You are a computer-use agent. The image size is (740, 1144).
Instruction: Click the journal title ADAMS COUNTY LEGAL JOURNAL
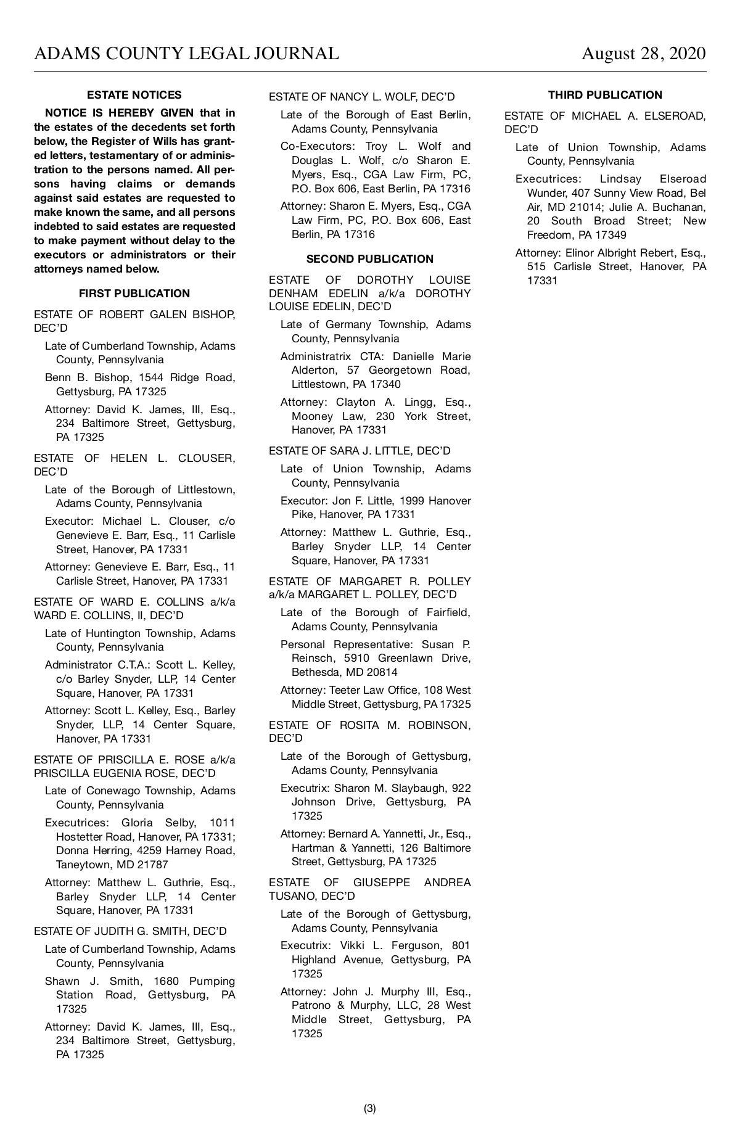(186, 54)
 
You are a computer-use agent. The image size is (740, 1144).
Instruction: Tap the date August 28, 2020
(643, 54)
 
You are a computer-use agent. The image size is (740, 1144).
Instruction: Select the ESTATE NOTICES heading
(134, 95)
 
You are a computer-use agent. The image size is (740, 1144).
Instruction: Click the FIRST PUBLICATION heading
(134, 294)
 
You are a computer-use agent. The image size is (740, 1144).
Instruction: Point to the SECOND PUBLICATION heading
(370, 259)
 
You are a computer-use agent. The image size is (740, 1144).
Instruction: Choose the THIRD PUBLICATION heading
(605, 95)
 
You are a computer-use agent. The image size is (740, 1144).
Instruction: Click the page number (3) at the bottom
(370, 1108)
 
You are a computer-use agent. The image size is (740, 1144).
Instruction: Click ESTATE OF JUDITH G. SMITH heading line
(130, 931)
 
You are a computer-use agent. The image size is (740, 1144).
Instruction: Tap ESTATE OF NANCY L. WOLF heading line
(362, 97)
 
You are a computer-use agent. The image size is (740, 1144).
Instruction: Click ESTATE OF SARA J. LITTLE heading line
(360, 451)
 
